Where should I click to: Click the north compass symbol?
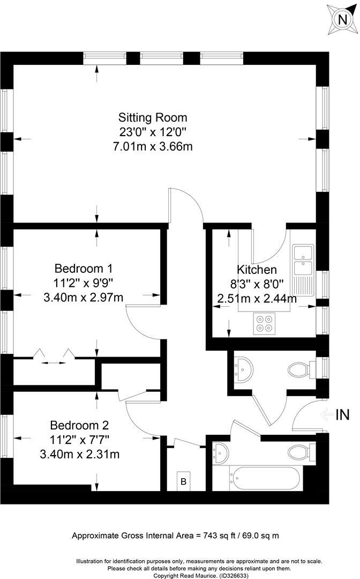coord(341,19)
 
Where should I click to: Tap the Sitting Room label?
coord(153,117)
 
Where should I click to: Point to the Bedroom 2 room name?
coord(79,426)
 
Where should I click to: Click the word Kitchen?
coord(257,270)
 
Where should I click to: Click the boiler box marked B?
coord(183,481)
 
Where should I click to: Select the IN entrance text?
coord(343,414)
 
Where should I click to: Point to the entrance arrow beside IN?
coord(325,414)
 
